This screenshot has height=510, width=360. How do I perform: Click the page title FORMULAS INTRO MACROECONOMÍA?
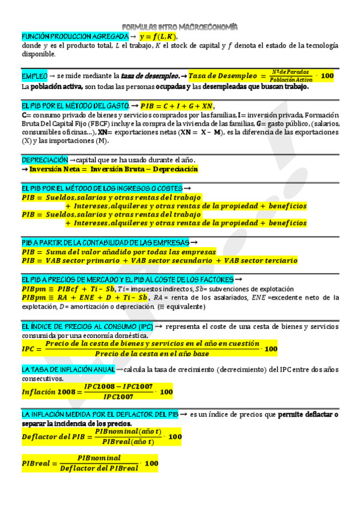[180, 26]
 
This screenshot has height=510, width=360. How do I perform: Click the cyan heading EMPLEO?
[34, 76]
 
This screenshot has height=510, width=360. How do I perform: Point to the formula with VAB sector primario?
[159, 260]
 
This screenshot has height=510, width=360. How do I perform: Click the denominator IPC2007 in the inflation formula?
[118, 396]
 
